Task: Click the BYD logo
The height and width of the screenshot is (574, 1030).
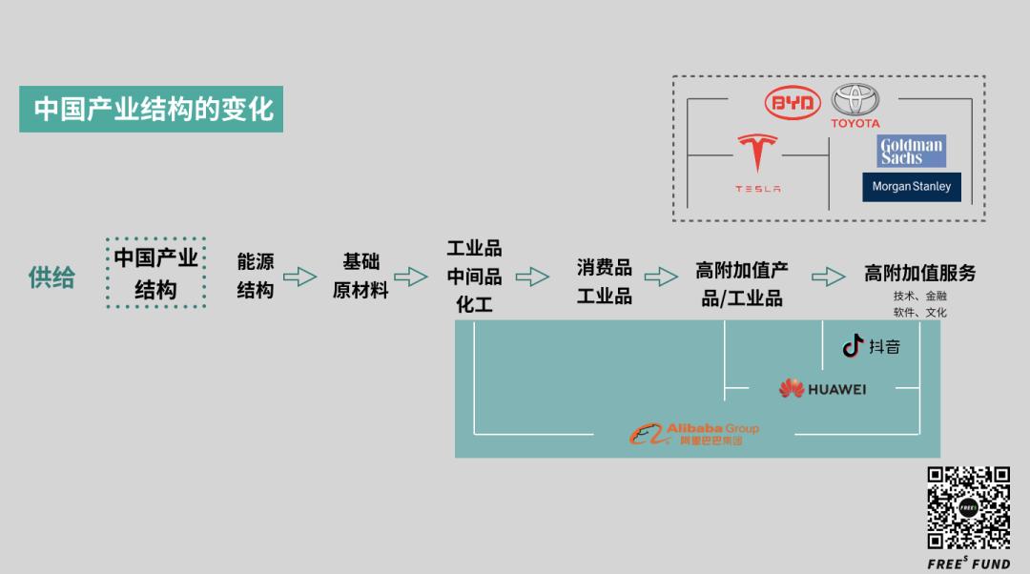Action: coord(793,102)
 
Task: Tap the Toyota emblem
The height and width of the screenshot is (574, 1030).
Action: coord(855,106)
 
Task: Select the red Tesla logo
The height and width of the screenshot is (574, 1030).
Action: coord(757,163)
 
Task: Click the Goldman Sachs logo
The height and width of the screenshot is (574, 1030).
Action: coord(911,151)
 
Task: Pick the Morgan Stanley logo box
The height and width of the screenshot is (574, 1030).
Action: coord(911,187)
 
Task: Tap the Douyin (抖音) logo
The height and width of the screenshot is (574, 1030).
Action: coord(871,345)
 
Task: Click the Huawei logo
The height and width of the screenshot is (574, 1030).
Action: coord(822,389)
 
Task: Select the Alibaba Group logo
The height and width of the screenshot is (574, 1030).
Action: coord(693,434)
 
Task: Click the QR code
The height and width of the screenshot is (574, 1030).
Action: coord(968,507)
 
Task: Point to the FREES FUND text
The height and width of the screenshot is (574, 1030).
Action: coord(968,564)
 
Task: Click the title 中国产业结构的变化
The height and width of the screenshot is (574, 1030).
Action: coord(152,109)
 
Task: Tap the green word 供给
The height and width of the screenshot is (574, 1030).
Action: coord(51,277)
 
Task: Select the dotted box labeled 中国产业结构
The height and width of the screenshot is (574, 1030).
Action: coord(156,273)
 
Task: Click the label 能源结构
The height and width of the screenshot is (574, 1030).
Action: coord(256,276)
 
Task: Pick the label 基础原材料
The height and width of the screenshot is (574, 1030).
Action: coord(360,276)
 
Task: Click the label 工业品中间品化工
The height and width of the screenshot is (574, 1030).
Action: coord(474,277)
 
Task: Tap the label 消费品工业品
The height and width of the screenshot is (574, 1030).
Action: coord(605,281)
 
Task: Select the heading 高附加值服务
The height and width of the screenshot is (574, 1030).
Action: coord(919,273)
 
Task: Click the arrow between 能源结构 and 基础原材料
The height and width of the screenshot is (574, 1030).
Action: coord(300,277)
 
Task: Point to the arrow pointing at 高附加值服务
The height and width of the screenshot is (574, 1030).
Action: coord(829,277)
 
